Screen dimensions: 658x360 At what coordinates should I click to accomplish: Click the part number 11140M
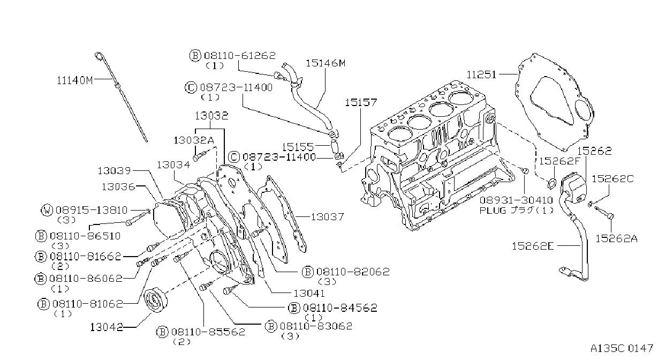[x=74, y=80]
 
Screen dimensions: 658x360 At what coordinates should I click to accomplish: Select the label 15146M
[x=326, y=63]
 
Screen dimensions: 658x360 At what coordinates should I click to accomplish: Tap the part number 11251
[x=481, y=74]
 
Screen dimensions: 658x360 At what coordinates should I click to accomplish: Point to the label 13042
[x=107, y=327]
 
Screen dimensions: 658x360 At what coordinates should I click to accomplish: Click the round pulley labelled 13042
[x=156, y=301]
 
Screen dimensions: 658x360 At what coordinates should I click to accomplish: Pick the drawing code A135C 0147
[x=622, y=348]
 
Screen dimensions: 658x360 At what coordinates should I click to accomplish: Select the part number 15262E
[x=533, y=246]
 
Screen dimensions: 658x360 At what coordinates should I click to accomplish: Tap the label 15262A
[x=616, y=238]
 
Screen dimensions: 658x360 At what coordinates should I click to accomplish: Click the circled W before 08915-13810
[x=47, y=210]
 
